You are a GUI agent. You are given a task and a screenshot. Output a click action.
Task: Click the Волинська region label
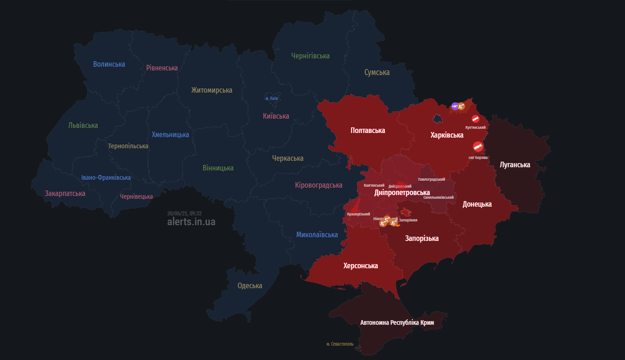[x=109, y=64]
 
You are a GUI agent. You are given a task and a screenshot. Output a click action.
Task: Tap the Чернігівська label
[x=310, y=56]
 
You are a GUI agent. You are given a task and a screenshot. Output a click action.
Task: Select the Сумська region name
[x=376, y=73]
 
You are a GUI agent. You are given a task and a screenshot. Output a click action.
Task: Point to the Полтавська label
[x=368, y=131]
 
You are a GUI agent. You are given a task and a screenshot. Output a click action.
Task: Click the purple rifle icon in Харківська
[x=455, y=106]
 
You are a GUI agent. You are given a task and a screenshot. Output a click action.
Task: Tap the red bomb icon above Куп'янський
[x=475, y=119]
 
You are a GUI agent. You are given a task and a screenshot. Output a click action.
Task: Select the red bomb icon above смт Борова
[x=478, y=147]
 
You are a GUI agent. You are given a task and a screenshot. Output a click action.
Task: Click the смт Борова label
[x=478, y=158]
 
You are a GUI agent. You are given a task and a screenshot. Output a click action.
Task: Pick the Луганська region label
[x=515, y=165]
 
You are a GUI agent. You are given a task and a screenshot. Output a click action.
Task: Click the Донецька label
[x=477, y=204]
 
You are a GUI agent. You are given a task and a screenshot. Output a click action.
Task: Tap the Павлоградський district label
[x=431, y=179]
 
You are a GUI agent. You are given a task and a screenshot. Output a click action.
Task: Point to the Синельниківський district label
[x=438, y=197]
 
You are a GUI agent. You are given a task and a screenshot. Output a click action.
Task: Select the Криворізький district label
[x=358, y=214]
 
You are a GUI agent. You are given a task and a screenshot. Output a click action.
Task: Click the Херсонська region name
[x=360, y=266]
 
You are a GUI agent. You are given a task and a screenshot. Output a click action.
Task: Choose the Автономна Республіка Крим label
[x=396, y=322]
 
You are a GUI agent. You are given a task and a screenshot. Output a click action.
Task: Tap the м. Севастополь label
[x=339, y=344]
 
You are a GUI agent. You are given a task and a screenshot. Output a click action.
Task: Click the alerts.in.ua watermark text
[x=191, y=222]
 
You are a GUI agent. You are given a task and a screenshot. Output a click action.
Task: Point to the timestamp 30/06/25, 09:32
[x=184, y=214]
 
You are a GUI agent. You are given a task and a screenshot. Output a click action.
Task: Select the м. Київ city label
[x=271, y=99]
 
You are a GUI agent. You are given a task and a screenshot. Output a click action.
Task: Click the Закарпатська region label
[x=65, y=194]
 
